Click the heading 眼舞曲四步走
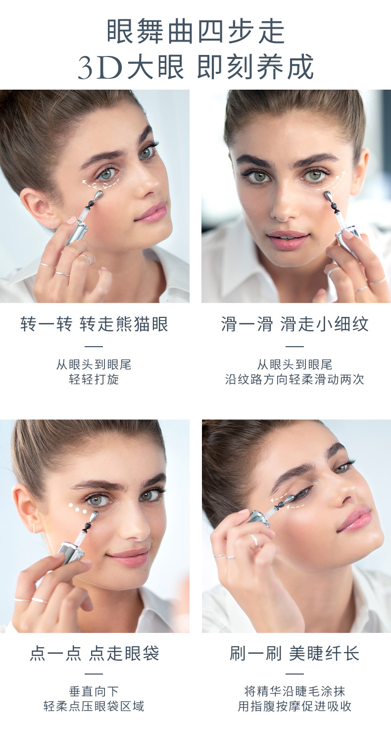[x=196, y=31]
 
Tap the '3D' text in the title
[x=100, y=67]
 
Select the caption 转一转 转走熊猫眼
[x=94, y=324]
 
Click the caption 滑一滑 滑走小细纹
[x=294, y=324]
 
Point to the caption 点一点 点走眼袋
[x=95, y=653]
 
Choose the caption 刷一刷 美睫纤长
[x=294, y=653]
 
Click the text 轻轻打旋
[x=94, y=379]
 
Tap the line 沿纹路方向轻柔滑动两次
[x=294, y=379]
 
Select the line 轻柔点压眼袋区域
[x=94, y=706]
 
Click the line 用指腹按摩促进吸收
[x=294, y=706]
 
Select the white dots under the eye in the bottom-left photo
[x=78, y=509]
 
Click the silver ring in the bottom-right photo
[x=254, y=540]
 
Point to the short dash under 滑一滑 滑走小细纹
[x=294, y=347]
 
